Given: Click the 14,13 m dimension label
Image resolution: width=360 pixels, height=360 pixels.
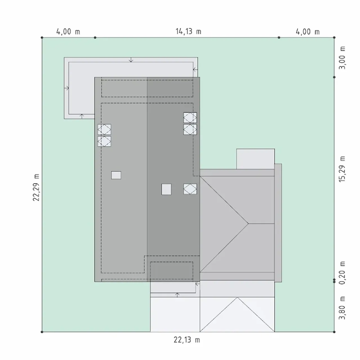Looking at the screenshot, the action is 188,31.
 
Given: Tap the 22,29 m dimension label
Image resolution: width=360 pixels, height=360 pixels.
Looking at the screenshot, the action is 36,187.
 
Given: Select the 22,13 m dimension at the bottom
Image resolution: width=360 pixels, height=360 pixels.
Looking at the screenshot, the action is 187,340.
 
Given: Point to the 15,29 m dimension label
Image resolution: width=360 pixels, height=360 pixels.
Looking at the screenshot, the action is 342,169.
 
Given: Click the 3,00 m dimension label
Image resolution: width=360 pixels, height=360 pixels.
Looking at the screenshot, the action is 342,58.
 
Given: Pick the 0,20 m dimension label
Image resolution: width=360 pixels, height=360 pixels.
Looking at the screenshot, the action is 342,273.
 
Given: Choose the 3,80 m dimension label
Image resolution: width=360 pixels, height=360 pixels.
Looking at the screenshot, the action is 342,308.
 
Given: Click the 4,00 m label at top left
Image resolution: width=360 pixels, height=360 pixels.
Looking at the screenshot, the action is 68,31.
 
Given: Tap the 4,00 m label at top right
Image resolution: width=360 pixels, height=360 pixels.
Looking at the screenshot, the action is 308,31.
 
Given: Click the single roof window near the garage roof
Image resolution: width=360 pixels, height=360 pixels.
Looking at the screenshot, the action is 190,189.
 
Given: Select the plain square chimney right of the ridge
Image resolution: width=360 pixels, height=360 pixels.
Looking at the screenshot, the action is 166,189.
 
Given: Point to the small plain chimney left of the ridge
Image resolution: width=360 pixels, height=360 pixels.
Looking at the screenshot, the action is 116,175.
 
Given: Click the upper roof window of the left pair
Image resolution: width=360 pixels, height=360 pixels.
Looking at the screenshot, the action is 104,129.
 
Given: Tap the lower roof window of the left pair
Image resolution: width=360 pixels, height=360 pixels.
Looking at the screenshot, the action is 104,141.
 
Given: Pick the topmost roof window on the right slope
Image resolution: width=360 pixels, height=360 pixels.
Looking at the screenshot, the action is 190,118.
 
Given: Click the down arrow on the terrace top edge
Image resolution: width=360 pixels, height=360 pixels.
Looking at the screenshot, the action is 131,60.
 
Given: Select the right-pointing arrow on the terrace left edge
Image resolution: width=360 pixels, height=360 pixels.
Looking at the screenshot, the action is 66,88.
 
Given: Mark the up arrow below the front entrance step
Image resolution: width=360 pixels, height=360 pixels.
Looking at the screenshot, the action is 177,295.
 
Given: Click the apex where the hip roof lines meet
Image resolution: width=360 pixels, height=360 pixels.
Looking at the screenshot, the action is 248,223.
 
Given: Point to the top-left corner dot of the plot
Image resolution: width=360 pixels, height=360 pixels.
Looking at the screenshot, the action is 42,38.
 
